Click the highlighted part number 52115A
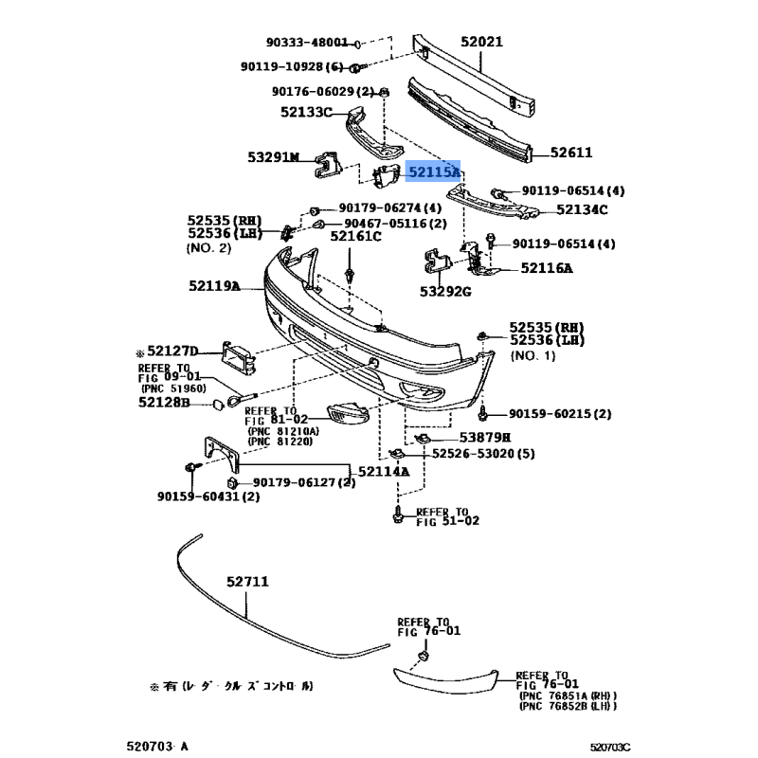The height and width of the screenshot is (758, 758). point(434,172)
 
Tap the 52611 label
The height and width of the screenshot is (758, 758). point(572,152)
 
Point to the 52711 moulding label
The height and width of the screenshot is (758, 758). point(248,585)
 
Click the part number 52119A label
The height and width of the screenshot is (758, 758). point(214,285)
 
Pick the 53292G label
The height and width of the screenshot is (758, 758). point(446,291)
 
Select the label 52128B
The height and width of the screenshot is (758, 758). point(164,404)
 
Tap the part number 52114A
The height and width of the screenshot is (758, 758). point(384,471)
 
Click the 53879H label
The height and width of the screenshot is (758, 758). point(485,438)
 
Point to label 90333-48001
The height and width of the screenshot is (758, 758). point(308,44)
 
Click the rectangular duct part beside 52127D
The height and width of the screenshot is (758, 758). point(236,358)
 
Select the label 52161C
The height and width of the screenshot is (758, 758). point(355,236)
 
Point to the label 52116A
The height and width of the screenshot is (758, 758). point(547,268)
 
